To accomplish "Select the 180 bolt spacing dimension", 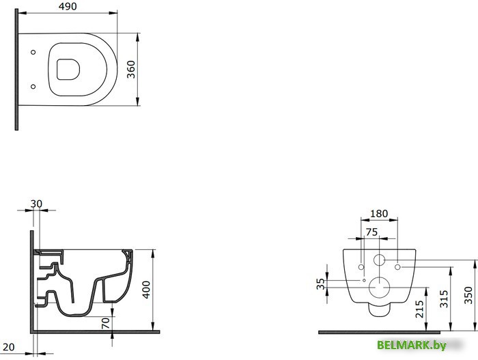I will (x=378, y=214).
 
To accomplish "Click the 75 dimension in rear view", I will (x=371, y=231).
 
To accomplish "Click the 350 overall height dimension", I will (x=468, y=294).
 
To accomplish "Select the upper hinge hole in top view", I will (x=33, y=51).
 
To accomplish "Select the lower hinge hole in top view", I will (x=33, y=85).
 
